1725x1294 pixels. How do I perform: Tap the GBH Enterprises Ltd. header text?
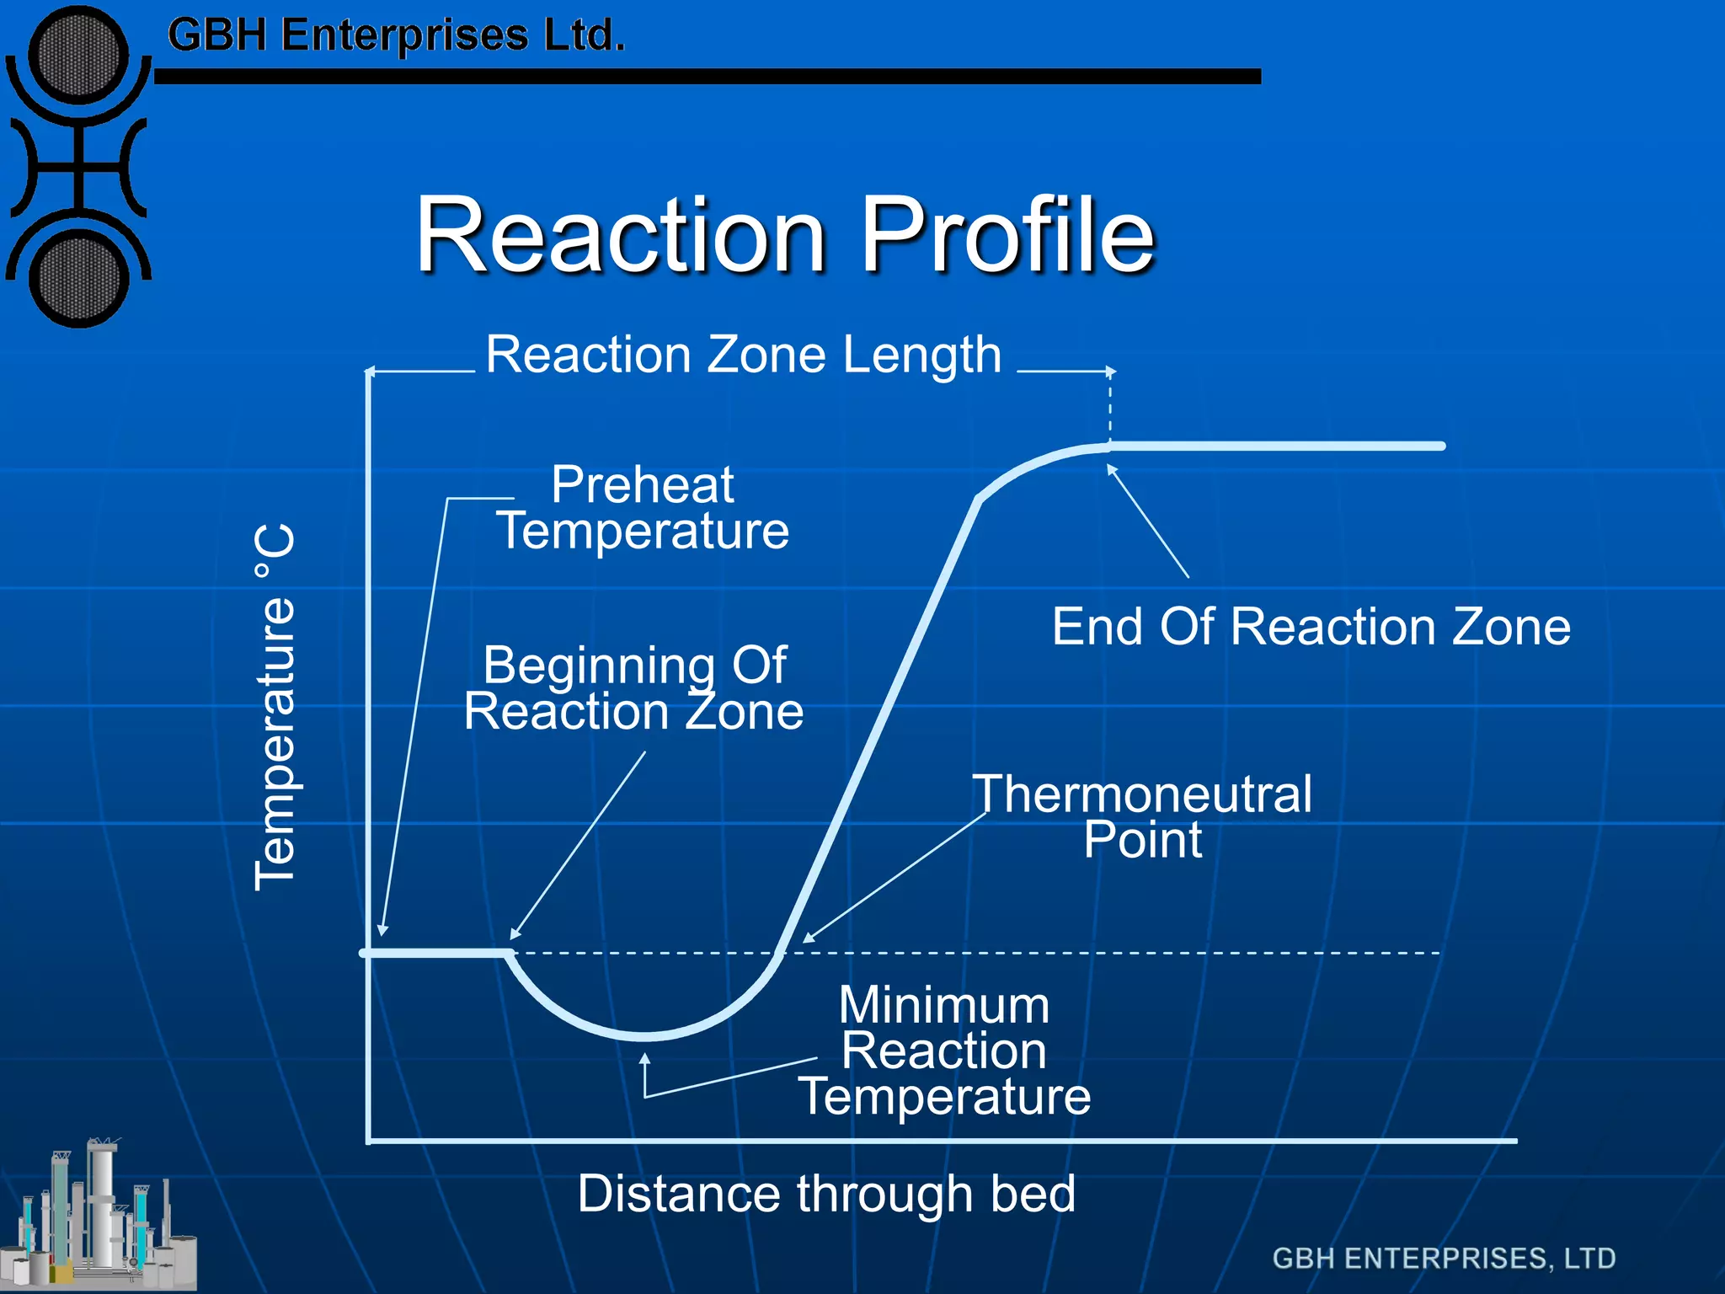point(396,35)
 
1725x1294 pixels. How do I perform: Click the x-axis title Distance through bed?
point(826,1194)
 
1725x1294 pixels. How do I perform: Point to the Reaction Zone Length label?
point(744,354)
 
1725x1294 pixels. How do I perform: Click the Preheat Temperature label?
point(643,507)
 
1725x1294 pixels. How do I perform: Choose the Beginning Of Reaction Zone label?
point(633,687)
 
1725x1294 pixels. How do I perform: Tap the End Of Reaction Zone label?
point(1311,627)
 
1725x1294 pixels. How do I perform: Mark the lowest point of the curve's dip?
point(644,1035)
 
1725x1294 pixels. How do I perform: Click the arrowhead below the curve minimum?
point(645,1058)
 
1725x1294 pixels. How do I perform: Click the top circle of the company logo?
point(78,56)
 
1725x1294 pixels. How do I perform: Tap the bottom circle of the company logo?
point(78,279)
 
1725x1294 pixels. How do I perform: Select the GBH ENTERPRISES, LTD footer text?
point(1444,1259)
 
